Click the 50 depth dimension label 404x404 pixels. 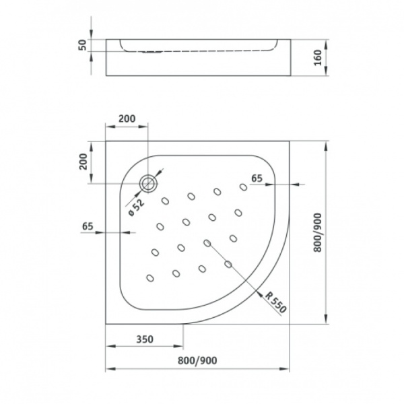coord(82,45)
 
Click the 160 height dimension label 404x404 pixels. coord(318,57)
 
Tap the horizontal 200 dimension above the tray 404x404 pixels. coord(127,119)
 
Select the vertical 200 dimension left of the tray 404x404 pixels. coord(83,162)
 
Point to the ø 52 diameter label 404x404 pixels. coord(136,208)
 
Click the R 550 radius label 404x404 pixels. coord(275,302)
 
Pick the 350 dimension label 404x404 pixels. coord(145,339)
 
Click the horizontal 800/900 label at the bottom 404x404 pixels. coord(197,360)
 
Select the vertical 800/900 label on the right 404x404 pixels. coord(318,232)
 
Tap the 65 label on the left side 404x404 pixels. coord(88,226)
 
